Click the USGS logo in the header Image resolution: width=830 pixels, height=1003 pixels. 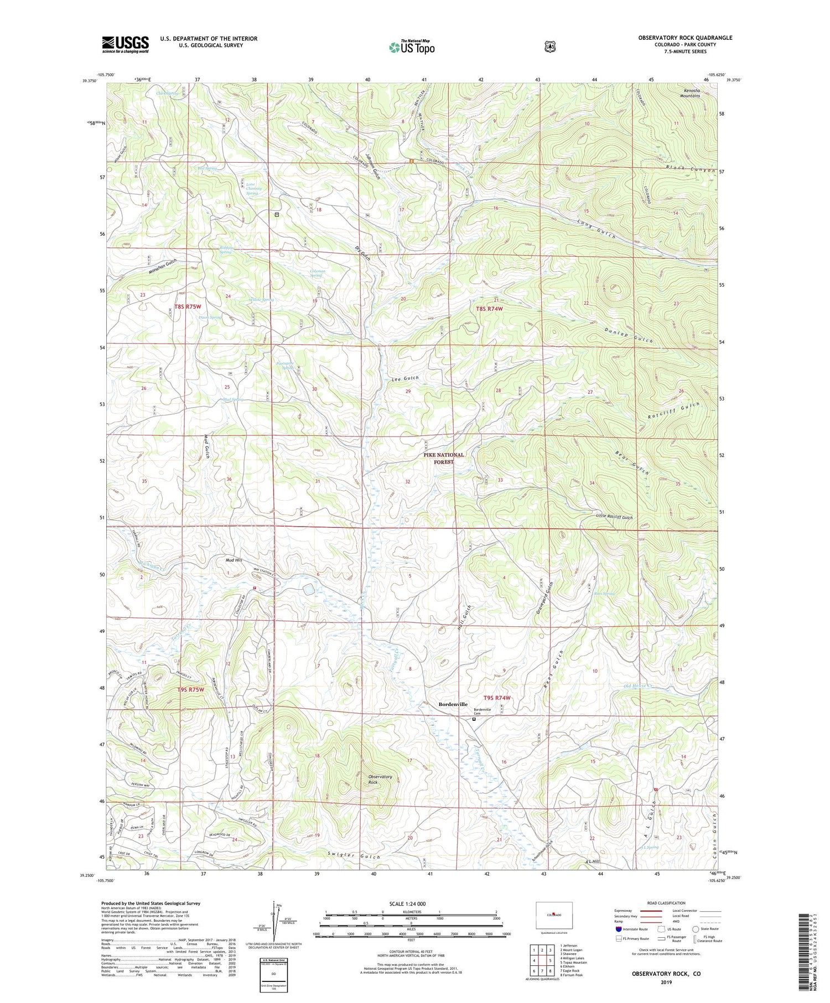pyautogui.click(x=126, y=44)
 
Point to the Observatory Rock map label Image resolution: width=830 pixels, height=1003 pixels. pyautogui.click(x=380, y=779)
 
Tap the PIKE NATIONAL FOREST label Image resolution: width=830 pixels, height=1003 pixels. pyautogui.click(x=444, y=458)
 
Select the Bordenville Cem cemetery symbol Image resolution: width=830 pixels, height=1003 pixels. pyautogui.click(x=474, y=720)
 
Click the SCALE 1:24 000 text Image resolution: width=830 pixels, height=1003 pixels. pyautogui.click(x=411, y=903)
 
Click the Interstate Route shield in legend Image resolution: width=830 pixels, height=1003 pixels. pyautogui.click(x=619, y=929)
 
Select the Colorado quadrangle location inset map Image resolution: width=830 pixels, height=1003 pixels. pyautogui.click(x=553, y=915)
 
